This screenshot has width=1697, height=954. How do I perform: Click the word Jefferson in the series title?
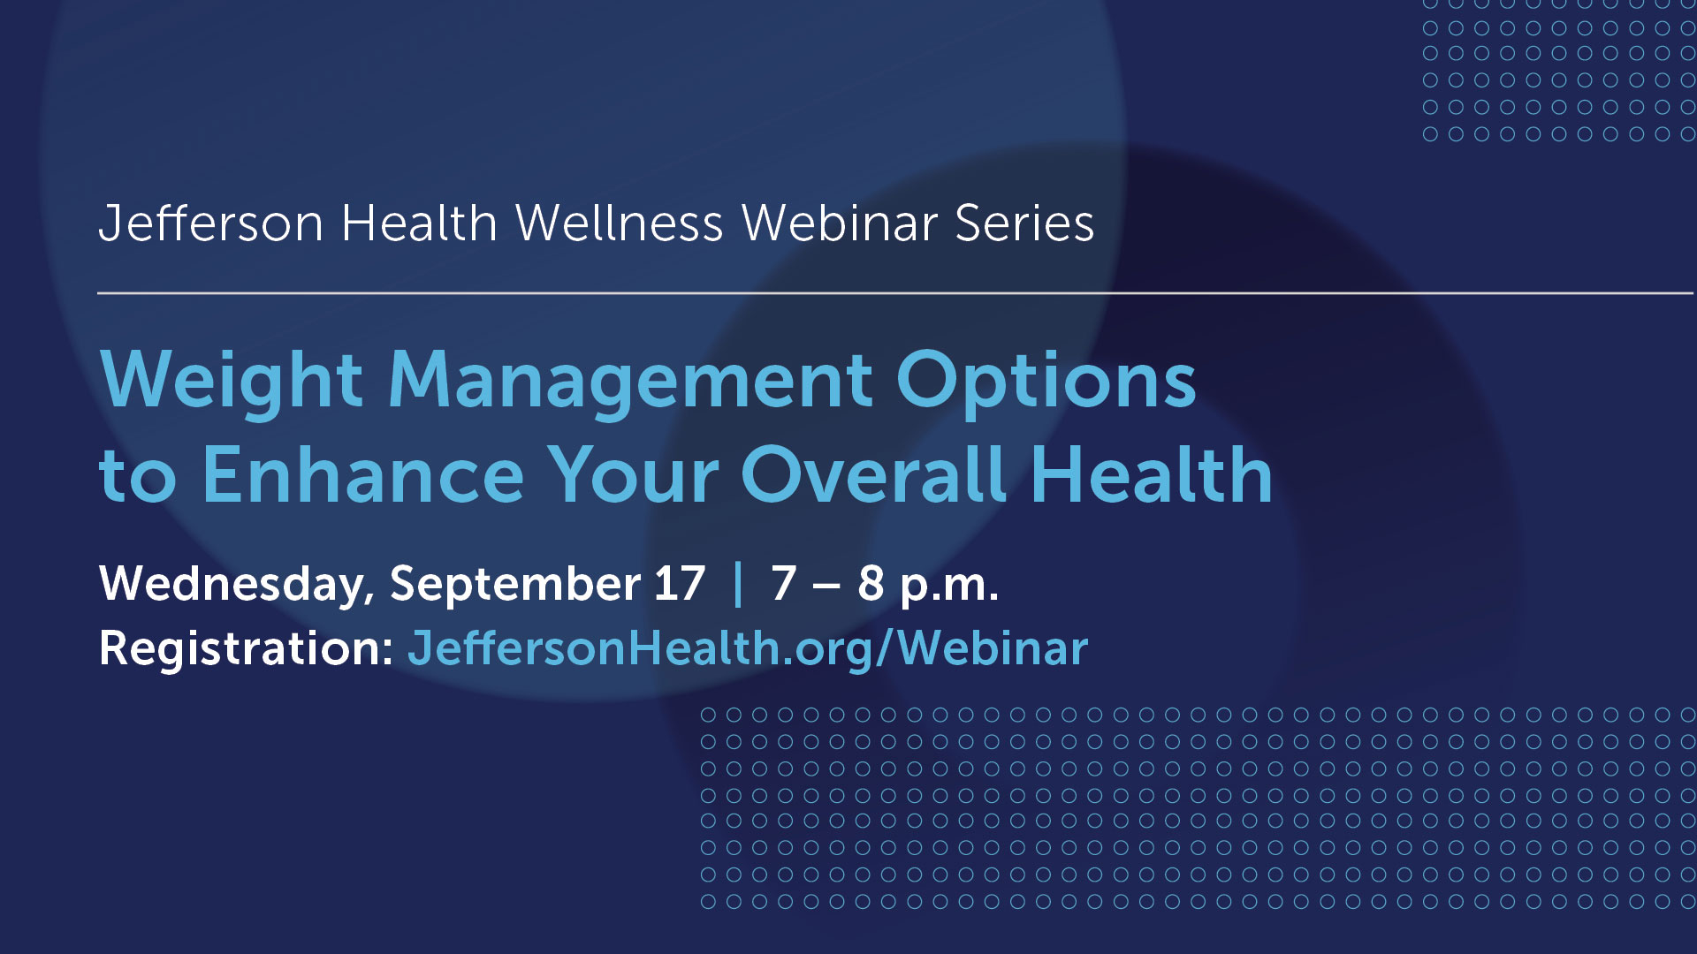coord(211,223)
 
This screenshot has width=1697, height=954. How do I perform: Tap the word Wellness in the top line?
coord(620,223)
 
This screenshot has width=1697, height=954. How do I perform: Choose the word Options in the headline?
coord(1046,381)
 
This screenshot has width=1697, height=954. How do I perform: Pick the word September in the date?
coord(515,584)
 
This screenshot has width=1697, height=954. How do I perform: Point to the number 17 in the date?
coord(680,584)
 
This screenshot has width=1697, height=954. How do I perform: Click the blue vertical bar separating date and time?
coord(738,584)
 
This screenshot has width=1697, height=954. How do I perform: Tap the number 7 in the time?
coord(783,584)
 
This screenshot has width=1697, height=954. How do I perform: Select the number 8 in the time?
coord(871,584)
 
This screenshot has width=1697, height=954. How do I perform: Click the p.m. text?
coord(949,586)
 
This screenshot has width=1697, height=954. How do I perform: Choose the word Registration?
coord(246,649)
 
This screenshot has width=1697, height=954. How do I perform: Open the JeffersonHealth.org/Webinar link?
coord(748,649)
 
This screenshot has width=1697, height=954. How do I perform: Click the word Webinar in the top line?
coord(840,223)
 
